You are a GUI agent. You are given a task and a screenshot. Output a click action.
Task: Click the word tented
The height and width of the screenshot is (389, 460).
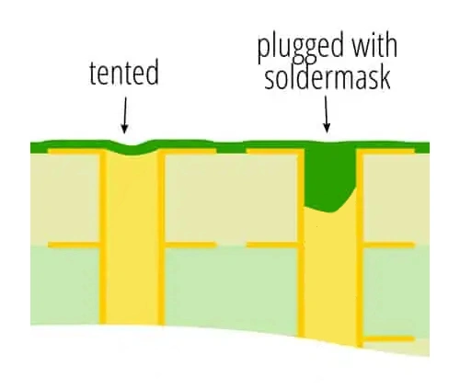click(124, 73)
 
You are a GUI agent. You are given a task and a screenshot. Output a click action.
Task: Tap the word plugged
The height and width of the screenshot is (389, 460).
click(301, 48)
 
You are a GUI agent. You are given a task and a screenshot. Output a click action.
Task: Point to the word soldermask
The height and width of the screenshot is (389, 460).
click(328, 78)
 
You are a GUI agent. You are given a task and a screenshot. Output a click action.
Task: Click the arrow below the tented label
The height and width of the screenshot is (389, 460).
click(124, 115)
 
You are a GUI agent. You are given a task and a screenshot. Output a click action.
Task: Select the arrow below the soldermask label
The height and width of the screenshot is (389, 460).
click(327, 114)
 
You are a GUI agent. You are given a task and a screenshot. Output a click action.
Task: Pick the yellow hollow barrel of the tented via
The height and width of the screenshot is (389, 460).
click(132, 239)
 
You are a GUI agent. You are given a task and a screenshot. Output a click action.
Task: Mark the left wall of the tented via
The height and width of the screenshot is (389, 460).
click(103, 236)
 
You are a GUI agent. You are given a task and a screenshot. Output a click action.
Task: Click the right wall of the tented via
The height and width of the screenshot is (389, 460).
click(162, 237)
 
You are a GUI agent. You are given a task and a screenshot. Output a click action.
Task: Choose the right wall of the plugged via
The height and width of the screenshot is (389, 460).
click(360, 247)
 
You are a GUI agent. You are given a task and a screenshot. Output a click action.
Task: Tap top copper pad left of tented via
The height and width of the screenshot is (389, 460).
click(74, 152)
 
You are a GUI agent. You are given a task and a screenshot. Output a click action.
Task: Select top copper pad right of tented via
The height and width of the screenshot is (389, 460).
click(190, 152)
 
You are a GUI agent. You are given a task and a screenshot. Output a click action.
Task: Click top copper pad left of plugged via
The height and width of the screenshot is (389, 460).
click(272, 152)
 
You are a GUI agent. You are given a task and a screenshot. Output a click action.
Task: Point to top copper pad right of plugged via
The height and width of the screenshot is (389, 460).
click(389, 152)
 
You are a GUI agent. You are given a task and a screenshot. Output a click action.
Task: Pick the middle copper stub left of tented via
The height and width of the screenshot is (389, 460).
click(74, 245)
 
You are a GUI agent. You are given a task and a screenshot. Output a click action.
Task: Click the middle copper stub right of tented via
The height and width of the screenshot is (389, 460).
click(190, 245)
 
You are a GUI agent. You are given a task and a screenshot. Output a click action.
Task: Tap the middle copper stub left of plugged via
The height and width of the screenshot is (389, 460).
click(272, 245)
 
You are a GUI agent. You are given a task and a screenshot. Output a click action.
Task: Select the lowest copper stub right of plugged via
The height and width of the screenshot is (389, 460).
click(389, 338)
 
